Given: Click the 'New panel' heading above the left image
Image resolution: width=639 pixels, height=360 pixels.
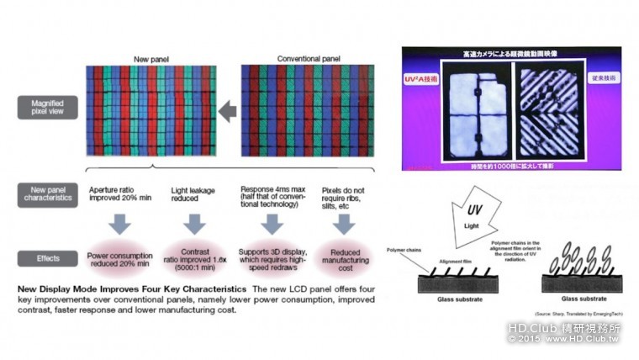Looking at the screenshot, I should (x=152, y=59).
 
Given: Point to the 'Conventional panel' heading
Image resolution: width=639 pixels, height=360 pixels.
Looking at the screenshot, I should (x=309, y=59).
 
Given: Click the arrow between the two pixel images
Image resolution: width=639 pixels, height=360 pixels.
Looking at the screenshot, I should (x=226, y=110).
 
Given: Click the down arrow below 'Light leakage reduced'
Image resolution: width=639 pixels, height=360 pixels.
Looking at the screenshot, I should (x=194, y=225).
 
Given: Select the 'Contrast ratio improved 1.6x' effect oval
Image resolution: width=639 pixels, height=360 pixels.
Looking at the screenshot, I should (x=194, y=257).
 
